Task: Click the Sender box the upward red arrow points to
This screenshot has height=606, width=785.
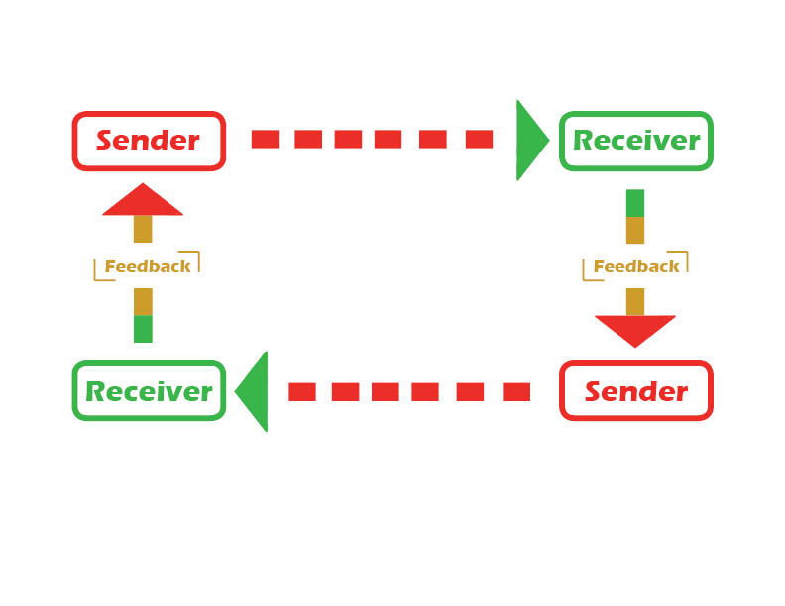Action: (149, 140)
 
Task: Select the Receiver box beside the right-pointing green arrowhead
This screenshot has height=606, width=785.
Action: (636, 140)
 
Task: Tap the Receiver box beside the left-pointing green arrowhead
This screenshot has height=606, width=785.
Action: (149, 391)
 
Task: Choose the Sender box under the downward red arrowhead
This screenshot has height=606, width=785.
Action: (636, 391)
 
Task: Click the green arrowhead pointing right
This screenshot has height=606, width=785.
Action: (530, 140)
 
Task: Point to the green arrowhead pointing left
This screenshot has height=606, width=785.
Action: (254, 391)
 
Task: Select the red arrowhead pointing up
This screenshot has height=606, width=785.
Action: (143, 200)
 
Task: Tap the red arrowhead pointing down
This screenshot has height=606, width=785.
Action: (635, 330)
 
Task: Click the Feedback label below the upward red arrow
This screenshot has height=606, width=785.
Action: (147, 266)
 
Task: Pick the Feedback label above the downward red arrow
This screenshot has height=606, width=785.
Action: (636, 266)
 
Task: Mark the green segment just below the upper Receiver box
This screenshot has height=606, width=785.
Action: (635, 203)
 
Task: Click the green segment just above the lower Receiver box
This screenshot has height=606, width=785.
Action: (143, 329)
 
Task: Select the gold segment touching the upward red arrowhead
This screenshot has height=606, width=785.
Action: (143, 229)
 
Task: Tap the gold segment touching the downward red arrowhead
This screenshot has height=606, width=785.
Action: (635, 301)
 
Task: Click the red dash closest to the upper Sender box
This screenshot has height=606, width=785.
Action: (265, 140)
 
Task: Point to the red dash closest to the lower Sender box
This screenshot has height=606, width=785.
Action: (516, 392)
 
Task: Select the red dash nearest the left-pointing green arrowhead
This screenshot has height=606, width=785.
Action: (302, 392)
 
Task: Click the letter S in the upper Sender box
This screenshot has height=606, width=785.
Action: (104, 140)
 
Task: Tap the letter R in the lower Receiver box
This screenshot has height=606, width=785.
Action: (96, 391)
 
